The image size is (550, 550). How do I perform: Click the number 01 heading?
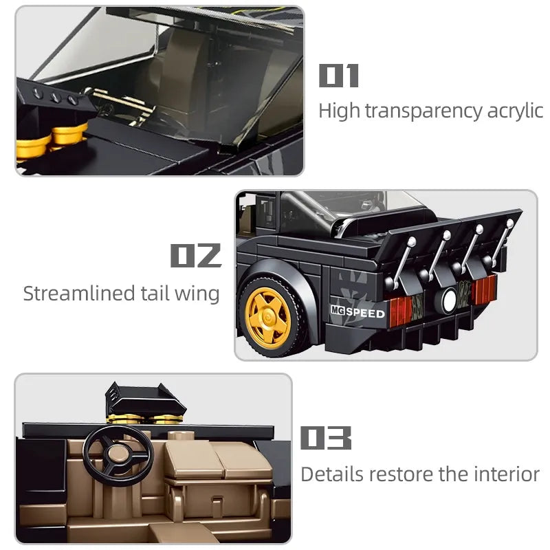[x=338, y=76]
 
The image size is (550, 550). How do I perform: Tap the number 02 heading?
[x=196, y=255]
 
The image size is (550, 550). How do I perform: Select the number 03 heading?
[x=326, y=438]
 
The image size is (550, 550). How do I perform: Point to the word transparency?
[x=423, y=112]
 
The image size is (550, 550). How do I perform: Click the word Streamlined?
[x=79, y=294]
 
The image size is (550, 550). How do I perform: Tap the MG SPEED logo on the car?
[x=357, y=312]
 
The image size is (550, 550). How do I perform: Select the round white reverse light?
[x=448, y=300]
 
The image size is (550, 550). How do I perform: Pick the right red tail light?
[x=483, y=289]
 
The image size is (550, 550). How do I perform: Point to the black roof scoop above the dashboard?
[x=146, y=398]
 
